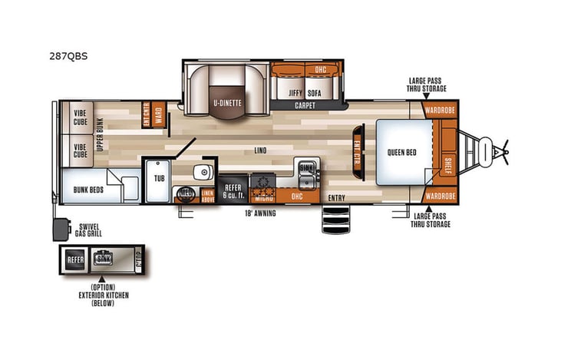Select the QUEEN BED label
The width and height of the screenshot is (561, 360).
point(401,152)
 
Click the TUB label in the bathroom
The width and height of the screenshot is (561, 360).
point(159,177)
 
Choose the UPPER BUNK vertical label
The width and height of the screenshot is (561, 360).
point(100,135)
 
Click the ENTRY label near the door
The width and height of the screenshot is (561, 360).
point(335,198)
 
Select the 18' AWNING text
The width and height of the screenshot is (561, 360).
point(259,213)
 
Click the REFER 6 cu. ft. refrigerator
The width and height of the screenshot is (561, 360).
point(233,190)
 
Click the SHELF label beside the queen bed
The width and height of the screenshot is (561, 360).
point(448,163)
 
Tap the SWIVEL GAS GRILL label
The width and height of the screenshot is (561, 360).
point(93,231)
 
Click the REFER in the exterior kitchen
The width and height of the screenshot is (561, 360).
point(75,259)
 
